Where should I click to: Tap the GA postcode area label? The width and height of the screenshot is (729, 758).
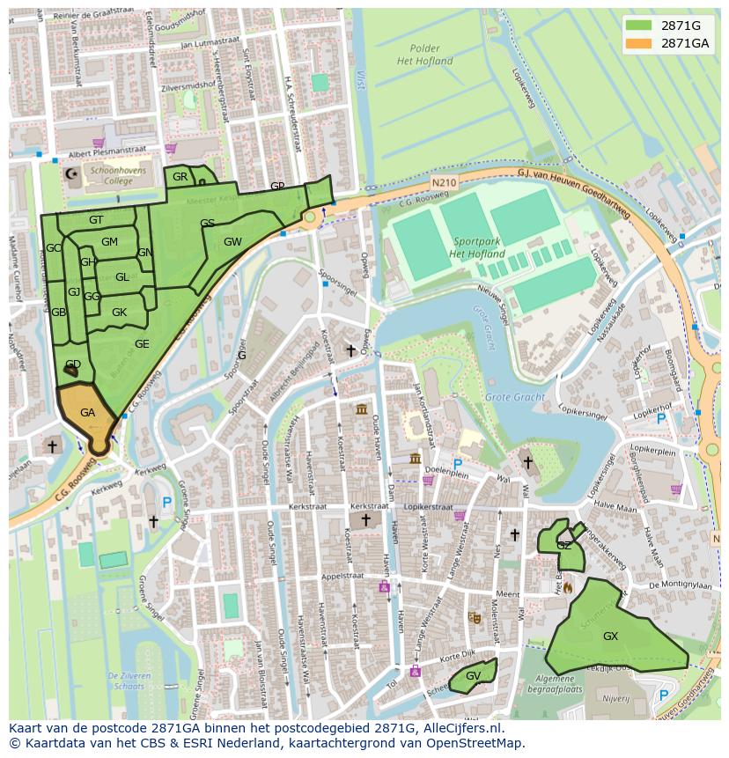click(x=87, y=412)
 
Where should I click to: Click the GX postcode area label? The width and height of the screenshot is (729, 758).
click(x=610, y=636)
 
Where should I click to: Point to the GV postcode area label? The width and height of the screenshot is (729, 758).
click(x=473, y=675)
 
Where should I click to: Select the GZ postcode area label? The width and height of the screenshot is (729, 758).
click(x=563, y=546)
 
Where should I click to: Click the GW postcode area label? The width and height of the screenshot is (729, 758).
click(x=232, y=242)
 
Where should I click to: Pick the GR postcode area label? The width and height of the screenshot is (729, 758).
click(x=180, y=177)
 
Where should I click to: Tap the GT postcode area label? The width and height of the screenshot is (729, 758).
click(x=96, y=220)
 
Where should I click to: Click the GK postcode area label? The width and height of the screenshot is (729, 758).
click(x=119, y=313)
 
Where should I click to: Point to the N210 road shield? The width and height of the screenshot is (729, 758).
click(x=445, y=182)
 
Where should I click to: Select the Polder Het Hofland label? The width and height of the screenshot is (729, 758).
click(x=424, y=55)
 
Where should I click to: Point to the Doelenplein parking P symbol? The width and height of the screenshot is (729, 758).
click(x=457, y=464)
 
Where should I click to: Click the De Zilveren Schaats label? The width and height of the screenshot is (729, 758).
click(x=129, y=680)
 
